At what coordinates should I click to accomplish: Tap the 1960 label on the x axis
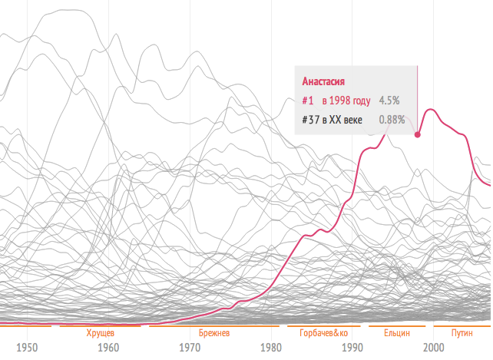108,348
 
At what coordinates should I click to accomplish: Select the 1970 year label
190,348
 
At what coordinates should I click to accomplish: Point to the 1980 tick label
271,348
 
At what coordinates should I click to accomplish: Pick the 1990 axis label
352,348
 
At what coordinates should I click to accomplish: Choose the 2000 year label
433,348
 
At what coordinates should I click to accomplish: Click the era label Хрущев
101,334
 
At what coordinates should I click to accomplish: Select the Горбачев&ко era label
323,334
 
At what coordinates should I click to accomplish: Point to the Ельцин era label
396,334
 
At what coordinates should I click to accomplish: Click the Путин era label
462,334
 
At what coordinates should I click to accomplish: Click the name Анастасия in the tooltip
323,82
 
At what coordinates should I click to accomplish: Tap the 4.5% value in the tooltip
389,101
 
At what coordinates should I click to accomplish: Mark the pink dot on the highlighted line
418,135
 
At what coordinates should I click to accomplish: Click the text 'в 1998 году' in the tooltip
346,101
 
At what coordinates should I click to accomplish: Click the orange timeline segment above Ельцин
396,326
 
